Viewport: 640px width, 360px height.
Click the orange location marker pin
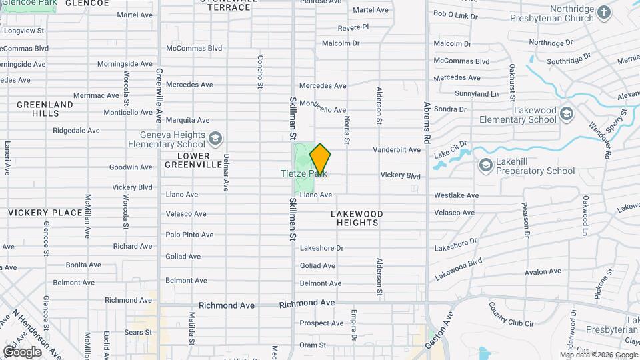click(320, 159)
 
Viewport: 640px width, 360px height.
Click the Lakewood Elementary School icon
click(567, 113)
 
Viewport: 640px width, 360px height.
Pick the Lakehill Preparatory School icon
click(486, 165)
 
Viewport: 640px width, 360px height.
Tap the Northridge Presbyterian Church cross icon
click(603, 13)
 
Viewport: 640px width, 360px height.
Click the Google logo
click(22, 351)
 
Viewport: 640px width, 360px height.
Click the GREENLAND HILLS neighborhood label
click(45, 109)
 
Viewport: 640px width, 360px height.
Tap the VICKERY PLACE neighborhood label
click(45, 213)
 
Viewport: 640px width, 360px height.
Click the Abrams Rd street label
click(427, 119)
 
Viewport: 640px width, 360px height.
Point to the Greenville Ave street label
click(159, 95)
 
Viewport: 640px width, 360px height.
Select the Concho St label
click(260, 71)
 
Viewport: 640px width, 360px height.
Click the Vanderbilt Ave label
click(397, 150)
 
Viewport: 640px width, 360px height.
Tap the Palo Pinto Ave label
click(189, 235)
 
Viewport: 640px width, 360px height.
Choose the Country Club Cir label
click(511, 315)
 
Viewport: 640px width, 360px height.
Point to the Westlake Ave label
click(456, 196)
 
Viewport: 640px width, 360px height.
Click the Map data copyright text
click(598, 355)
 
